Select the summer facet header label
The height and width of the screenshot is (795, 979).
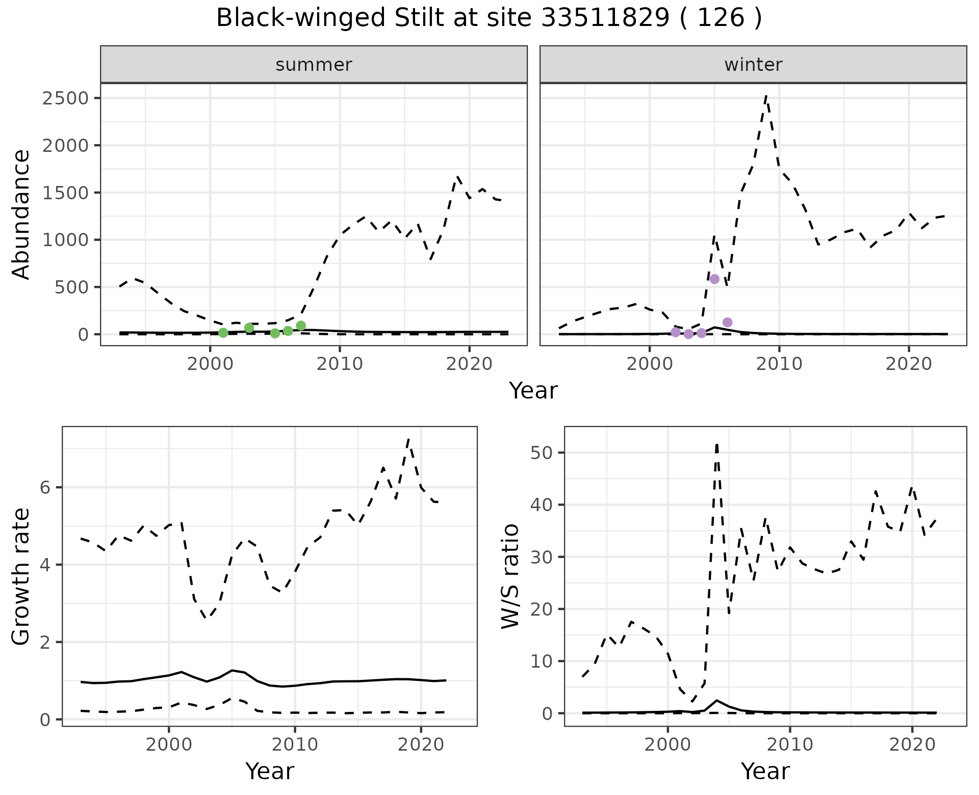[x=314, y=65]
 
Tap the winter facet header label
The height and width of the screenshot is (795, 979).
[x=753, y=65]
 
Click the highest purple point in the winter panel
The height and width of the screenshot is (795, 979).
[x=714, y=279]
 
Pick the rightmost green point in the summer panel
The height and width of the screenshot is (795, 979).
[x=301, y=326]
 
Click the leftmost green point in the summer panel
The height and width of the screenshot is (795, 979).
[x=223, y=333]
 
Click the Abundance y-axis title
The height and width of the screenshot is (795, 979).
[x=21, y=215]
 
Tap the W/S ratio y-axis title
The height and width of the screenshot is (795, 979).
[x=510, y=576]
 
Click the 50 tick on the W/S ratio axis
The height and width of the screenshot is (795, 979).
[x=542, y=453]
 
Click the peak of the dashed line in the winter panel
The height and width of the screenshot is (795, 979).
[x=766, y=95]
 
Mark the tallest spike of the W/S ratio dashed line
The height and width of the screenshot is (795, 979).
[x=717, y=444]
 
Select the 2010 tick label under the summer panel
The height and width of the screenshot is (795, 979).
[x=339, y=364]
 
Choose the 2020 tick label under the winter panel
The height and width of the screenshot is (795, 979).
[x=908, y=364]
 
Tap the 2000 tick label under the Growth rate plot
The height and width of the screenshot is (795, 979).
[x=169, y=745]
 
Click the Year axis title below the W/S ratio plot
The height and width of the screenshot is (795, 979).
[x=765, y=772]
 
